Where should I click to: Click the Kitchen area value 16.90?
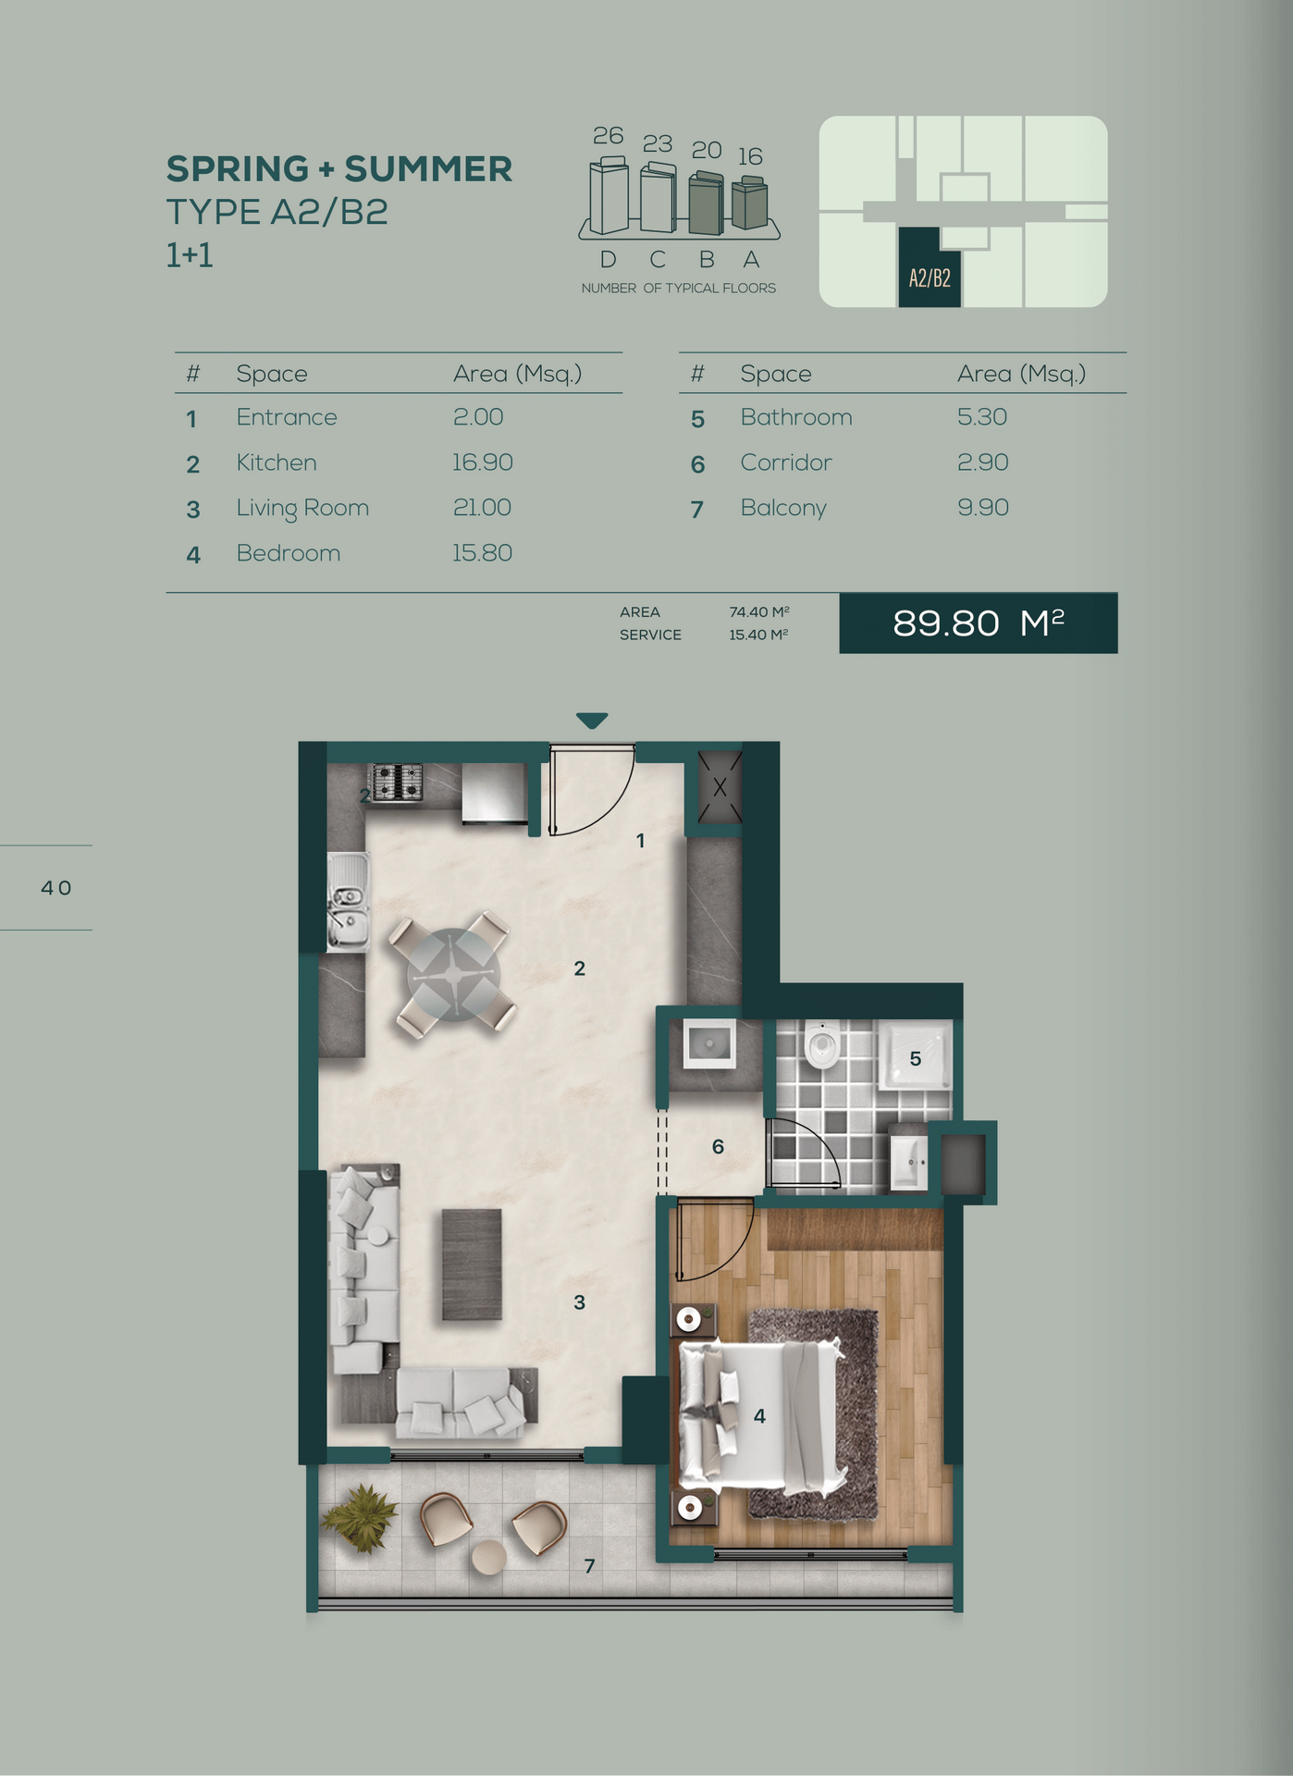[x=482, y=462]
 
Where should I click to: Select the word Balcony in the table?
[x=783, y=508]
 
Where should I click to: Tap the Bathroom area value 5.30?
[x=982, y=417]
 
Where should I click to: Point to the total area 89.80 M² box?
[x=979, y=623]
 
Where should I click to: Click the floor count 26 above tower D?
[x=609, y=136]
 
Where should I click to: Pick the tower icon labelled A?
[x=749, y=204]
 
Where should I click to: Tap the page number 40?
[x=56, y=888]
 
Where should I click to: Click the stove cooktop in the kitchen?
[x=397, y=782]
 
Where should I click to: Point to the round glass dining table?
[x=453, y=975]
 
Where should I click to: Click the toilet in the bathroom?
[x=821, y=1045]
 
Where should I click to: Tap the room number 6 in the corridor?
[x=718, y=1147]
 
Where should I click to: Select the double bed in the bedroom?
[x=763, y=1415]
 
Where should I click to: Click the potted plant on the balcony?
[x=361, y=1518]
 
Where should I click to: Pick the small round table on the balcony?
[x=488, y=1556]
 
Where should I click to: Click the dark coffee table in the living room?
[x=472, y=1264]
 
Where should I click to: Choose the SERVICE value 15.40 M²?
[x=758, y=635]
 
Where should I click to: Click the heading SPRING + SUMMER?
[x=339, y=169]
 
